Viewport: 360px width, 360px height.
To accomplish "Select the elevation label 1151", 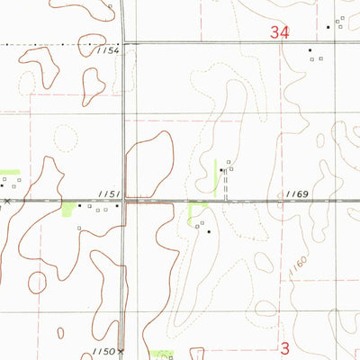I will [x=108, y=193].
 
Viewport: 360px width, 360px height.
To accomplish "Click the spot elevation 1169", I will [x=297, y=193].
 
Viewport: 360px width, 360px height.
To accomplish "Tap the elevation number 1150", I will [x=103, y=351].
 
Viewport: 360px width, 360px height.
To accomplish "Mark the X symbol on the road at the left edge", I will [x=7, y=202].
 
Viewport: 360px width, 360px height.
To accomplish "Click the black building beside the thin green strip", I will [x=221, y=169].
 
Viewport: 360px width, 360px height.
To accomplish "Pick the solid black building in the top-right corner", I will [x=328, y=26].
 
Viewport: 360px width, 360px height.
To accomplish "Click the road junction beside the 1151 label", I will [x=123, y=201].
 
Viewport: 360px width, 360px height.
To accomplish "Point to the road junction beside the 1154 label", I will [x=123, y=43].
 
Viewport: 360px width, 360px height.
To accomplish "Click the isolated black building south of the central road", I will [x=210, y=232].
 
